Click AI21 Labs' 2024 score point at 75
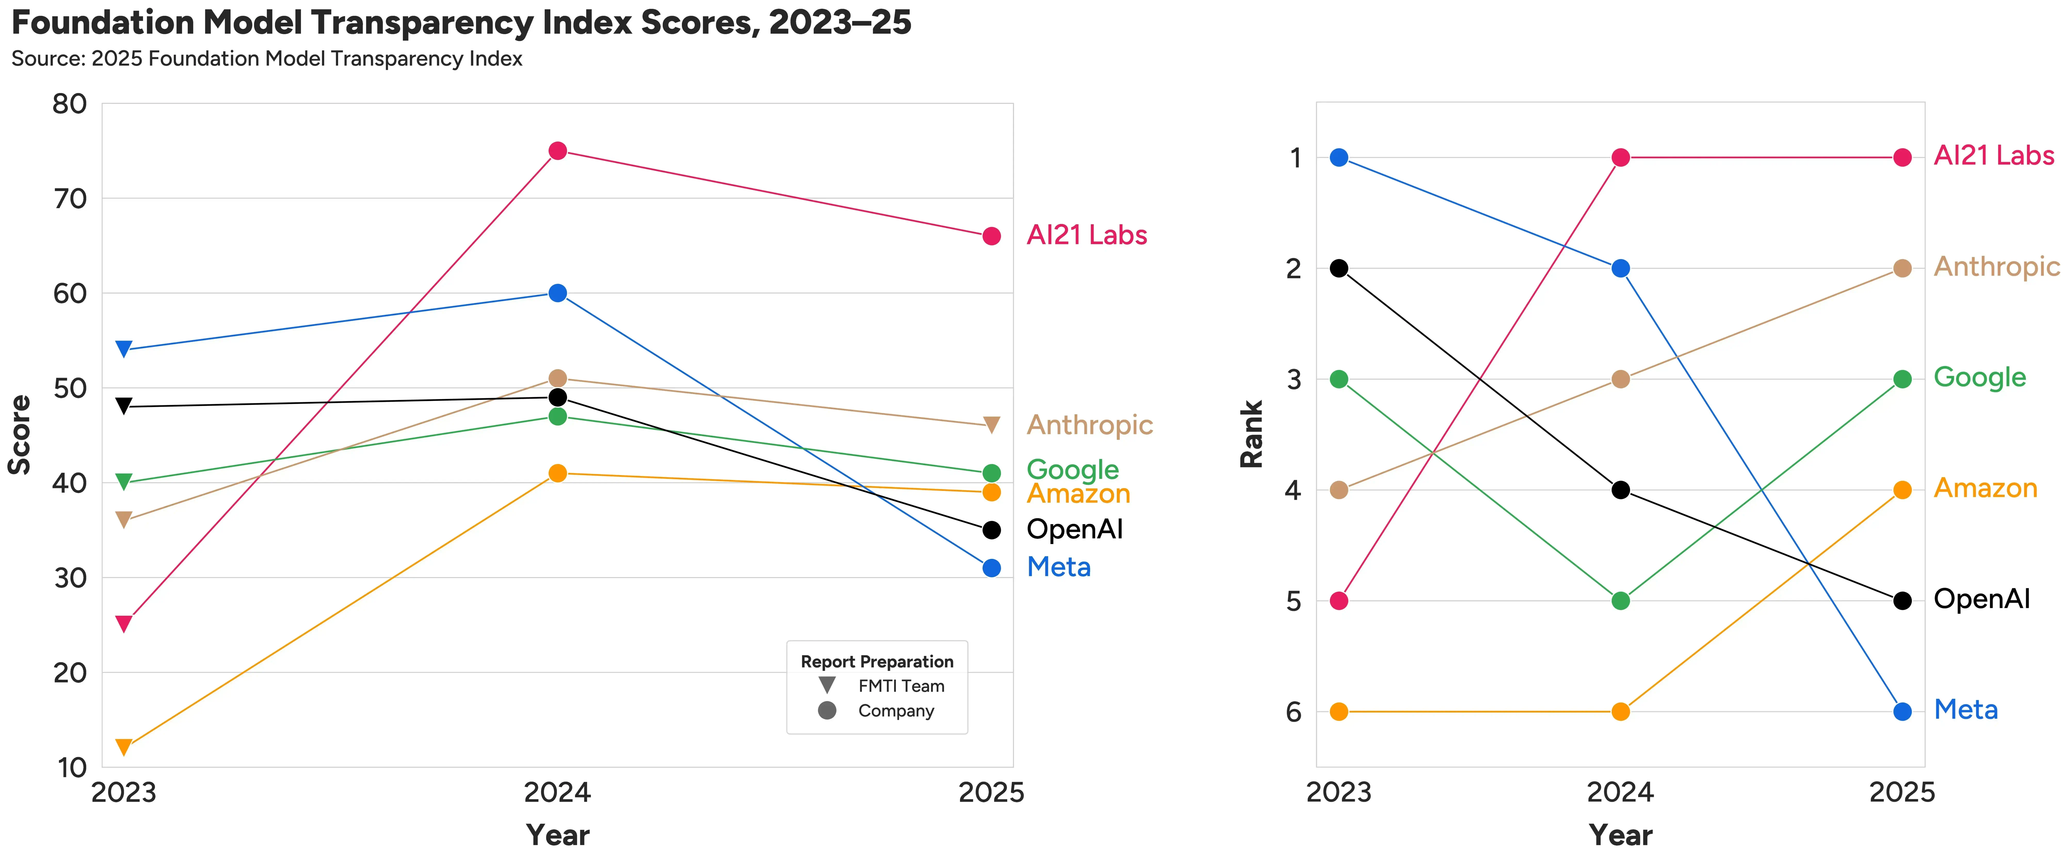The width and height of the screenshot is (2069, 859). pyautogui.click(x=557, y=151)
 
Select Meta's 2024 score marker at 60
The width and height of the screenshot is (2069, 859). pyautogui.click(x=557, y=293)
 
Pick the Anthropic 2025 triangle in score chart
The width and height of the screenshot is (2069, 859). pyautogui.click(x=992, y=425)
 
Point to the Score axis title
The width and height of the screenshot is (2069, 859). pyautogui.click(x=19, y=434)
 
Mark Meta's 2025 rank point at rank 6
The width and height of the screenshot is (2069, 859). pyautogui.click(x=1902, y=711)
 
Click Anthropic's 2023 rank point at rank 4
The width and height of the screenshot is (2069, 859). pyautogui.click(x=1339, y=490)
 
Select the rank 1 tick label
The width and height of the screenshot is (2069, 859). pyautogui.click(x=1295, y=158)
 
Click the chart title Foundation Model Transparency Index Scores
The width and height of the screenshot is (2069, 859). pyautogui.click(x=461, y=22)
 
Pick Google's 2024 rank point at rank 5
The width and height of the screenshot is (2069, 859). pyautogui.click(x=1621, y=600)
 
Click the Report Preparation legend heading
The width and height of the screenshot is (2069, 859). pyautogui.click(x=877, y=662)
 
